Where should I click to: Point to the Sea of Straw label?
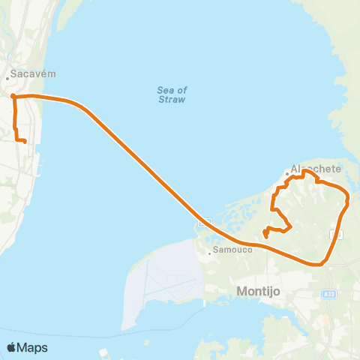tap(172, 94)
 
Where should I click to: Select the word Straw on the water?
tap(172, 100)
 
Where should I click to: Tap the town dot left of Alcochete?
tap(286, 175)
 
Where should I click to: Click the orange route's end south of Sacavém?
tap(25, 141)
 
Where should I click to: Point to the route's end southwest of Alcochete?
tap(266, 238)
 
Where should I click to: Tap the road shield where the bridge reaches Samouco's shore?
tap(202, 223)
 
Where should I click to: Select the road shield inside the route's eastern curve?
tap(338, 235)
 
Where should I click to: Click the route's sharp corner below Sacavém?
tap(13, 95)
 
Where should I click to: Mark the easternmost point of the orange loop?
tap(349, 199)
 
